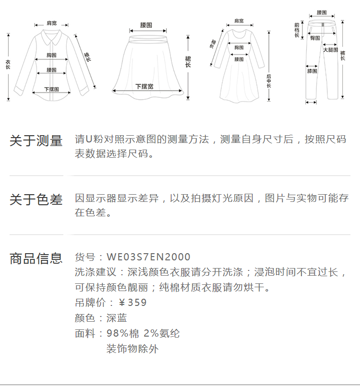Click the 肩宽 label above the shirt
51,23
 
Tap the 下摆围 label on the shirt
51,89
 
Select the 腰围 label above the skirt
146,24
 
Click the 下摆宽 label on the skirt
144,86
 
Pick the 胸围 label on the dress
239,47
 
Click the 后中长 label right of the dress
269,81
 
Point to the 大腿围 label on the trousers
330,50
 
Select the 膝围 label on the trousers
312,71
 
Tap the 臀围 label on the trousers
315,38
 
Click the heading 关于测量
36,141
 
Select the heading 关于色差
36,200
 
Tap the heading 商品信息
36,258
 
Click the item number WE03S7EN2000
148,257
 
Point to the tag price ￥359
132,303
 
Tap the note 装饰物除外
132,349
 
